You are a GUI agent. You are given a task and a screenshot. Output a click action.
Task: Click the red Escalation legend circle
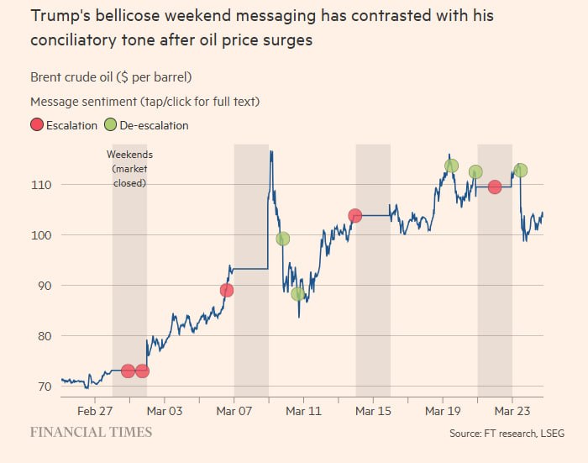(x=37, y=125)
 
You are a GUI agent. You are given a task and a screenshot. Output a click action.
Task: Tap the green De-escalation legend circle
(x=110, y=125)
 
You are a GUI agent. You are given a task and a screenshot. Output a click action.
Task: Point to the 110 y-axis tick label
(x=42, y=184)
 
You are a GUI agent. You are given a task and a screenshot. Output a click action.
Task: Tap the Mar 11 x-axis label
(x=303, y=412)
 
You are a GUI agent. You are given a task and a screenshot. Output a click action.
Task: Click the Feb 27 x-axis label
(x=95, y=412)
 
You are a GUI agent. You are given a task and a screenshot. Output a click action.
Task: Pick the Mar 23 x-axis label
(x=512, y=412)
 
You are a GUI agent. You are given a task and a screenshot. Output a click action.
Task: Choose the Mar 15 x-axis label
(x=373, y=412)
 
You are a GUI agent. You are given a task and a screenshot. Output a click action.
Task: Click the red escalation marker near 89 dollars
(x=226, y=291)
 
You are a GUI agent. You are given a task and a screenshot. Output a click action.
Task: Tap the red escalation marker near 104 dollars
(x=355, y=216)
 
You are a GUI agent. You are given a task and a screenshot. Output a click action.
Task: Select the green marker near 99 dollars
(x=283, y=239)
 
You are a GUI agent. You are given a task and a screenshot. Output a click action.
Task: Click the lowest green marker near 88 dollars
(x=297, y=294)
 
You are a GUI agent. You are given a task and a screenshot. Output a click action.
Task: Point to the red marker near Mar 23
(x=495, y=187)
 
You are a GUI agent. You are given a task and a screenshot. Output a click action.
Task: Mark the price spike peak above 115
(x=270, y=152)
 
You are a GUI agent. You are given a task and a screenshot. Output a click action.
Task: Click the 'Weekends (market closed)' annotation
(x=129, y=168)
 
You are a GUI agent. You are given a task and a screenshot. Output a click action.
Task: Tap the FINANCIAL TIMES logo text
(x=92, y=432)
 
